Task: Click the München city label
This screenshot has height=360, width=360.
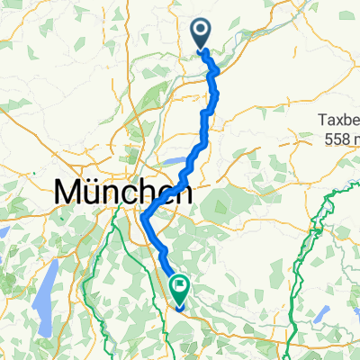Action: point(123,192)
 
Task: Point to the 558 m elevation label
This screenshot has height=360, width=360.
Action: point(343,139)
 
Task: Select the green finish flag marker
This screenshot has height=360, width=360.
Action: point(179,291)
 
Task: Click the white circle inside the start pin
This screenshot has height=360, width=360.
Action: point(201,31)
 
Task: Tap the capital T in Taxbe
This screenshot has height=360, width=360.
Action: point(319,121)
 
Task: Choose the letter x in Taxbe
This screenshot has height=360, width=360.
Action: point(338,121)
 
